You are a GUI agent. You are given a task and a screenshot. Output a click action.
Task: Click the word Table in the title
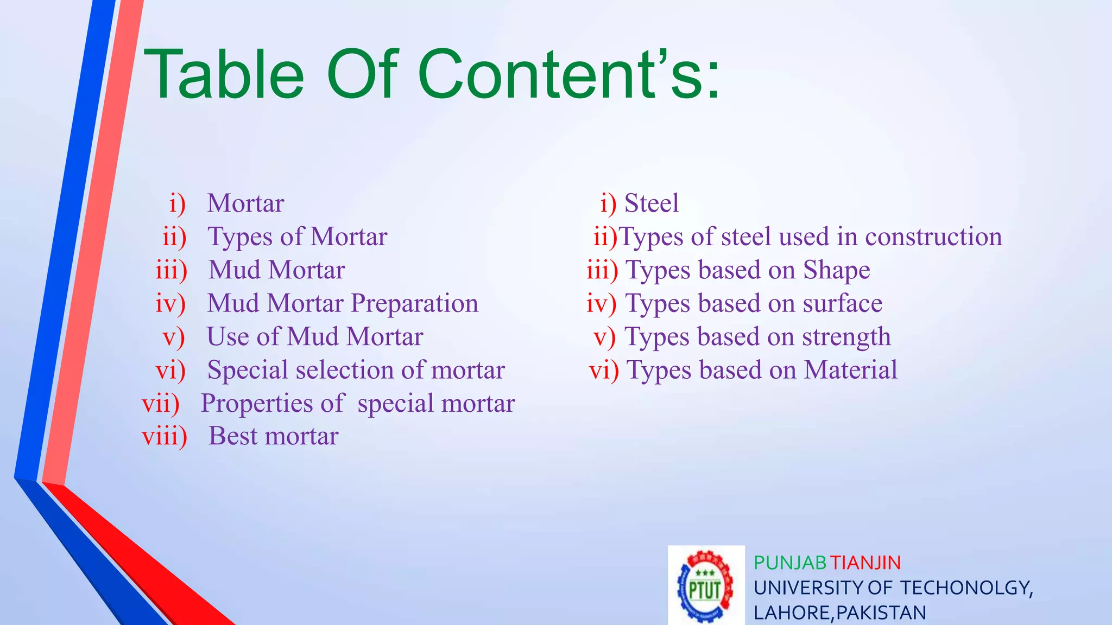tap(224, 74)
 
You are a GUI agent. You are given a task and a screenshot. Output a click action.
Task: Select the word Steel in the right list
tap(652, 203)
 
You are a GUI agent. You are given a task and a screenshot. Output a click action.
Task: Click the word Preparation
tap(414, 304)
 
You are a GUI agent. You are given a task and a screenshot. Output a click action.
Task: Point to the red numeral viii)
tap(164, 436)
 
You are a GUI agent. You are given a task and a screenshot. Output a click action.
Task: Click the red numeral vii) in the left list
tap(161, 403)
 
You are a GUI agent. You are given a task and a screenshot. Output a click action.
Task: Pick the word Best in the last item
tap(233, 436)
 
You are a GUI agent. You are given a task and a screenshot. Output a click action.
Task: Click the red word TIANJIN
tap(865, 563)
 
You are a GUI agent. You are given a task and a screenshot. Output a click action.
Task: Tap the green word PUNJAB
tap(789, 563)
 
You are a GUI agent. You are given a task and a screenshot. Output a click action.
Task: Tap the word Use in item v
tap(228, 336)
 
